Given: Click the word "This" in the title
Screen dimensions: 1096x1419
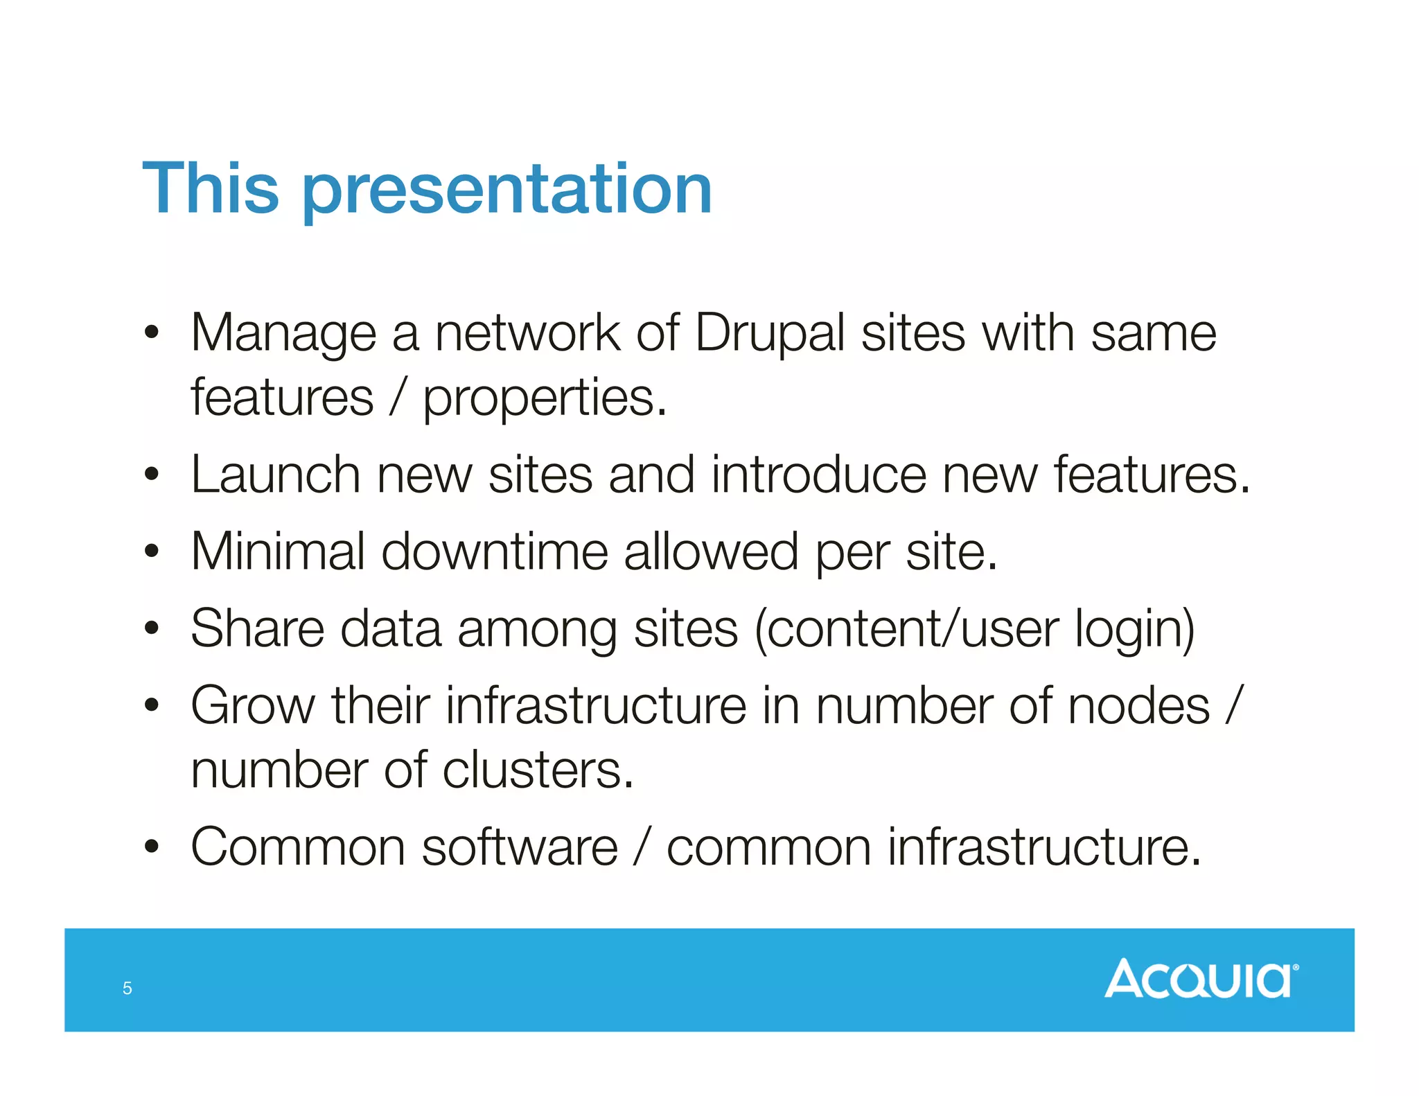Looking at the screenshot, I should coord(211,188).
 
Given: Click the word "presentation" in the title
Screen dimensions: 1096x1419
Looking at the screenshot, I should coord(507,191).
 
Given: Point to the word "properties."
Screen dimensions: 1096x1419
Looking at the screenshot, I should coord(545,400).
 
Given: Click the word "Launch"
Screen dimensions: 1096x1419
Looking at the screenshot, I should coord(276,475).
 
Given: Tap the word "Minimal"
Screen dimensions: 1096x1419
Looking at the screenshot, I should coord(278,552).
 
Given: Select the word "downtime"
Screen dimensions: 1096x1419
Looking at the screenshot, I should coord(494,552).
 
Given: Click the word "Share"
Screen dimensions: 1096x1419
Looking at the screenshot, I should coord(257,629).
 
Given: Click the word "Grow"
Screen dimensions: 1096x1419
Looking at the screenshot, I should coord(253,706).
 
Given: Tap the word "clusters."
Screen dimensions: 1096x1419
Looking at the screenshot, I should coord(538,770).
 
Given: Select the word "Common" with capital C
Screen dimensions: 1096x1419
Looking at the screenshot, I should coord(298,847).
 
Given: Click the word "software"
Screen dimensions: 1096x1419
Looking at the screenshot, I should coord(520,847).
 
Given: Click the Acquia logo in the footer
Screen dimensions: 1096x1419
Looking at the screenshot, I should coord(1201,978).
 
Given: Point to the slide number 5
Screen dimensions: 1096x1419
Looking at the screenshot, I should coord(127,988).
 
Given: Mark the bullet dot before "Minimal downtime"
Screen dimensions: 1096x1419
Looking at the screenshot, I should coord(152,552).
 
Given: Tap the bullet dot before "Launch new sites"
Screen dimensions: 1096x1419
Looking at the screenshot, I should coord(152,475).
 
